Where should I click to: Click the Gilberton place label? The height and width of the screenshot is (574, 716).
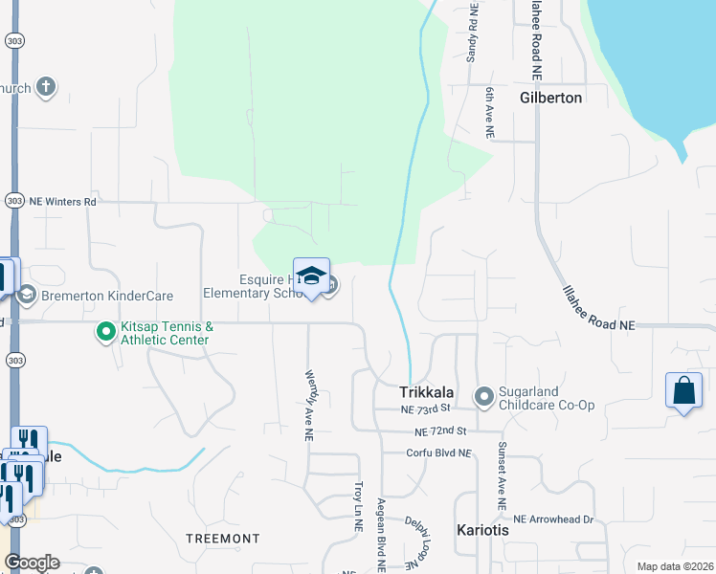point(550,98)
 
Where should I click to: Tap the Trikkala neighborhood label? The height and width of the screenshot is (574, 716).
point(431,392)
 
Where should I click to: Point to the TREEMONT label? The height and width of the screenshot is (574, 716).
point(222,539)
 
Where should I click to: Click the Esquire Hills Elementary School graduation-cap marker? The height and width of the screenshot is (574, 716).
point(311,276)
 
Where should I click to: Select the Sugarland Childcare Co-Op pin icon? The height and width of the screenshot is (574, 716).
point(484,396)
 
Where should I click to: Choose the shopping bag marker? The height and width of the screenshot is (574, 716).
point(682,390)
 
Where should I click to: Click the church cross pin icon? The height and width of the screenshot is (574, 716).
point(45,88)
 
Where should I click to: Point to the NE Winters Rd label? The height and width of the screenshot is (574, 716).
point(63,202)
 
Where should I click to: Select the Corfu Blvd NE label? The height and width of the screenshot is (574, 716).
point(439,453)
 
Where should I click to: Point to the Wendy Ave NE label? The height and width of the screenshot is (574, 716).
point(308,406)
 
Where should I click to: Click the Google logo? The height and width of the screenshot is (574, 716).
point(32,563)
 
